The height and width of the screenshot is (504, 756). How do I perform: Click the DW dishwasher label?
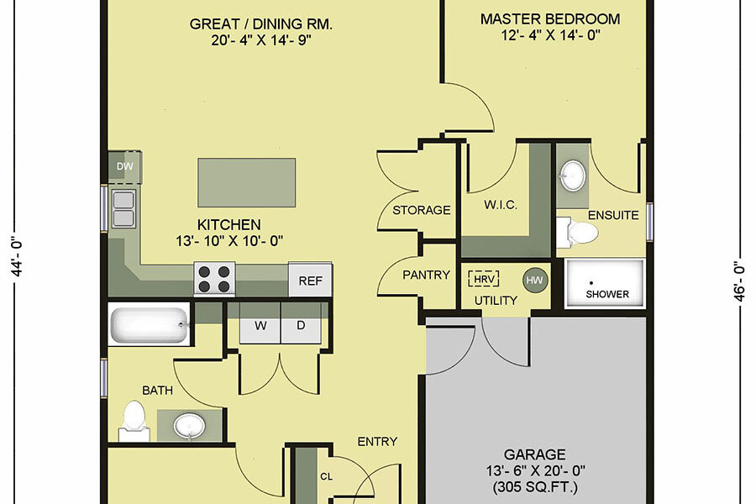click(x=125, y=166)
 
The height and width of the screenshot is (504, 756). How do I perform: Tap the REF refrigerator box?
click(x=310, y=280)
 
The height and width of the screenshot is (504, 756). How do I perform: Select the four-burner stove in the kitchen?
click(x=214, y=279)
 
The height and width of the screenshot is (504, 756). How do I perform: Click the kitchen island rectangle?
click(x=246, y=182)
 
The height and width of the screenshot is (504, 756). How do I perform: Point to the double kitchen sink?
click(x=123, y=208)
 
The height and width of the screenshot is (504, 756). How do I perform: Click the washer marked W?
click(x=260, y=326)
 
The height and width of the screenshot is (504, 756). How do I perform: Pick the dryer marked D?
click(x=301, y=326)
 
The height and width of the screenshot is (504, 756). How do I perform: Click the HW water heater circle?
click(x=535, y=281)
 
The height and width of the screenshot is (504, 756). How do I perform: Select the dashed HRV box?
click(x=483, y=279)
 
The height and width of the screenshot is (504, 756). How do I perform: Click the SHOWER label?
click(x=607, y=294)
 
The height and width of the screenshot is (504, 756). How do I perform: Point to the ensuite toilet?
click(x=577, y=233)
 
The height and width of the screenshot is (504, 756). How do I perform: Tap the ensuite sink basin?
click(x=573, y=175)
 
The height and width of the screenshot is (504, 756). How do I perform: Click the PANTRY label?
click(x=426, y=275)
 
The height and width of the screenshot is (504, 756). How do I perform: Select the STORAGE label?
click(x=422, y=210)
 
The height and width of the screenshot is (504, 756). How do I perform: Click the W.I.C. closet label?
click(x=501, y=205)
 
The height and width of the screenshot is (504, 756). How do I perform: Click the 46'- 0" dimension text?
click(x=739, y=281)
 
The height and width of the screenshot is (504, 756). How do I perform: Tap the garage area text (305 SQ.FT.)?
click(x=535, y=487)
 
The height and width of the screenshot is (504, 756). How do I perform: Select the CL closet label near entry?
click(x=327, y=476)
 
